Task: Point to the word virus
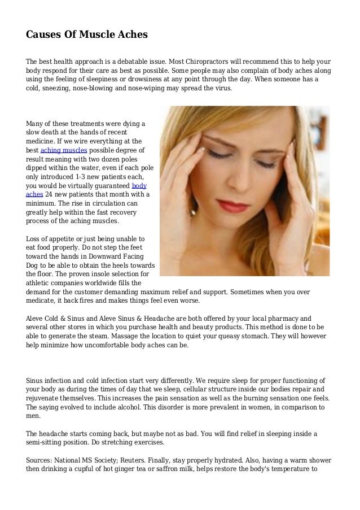coord(220,88)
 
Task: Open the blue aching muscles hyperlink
coord(64,150)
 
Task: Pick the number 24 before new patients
coord(48,194)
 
